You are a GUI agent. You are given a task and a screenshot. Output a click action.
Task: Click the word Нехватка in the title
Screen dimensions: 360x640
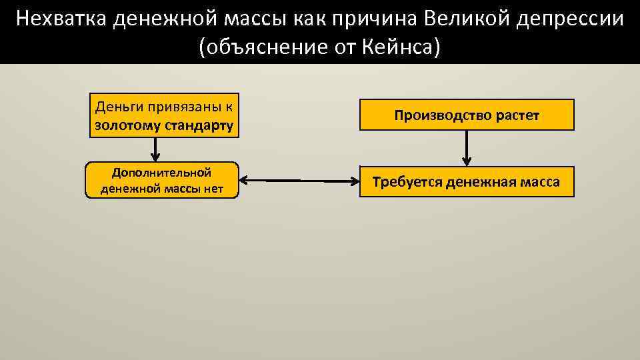click(x=61, y=19)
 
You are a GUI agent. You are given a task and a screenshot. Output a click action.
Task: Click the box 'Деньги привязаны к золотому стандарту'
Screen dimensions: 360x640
click(x=165, y=115)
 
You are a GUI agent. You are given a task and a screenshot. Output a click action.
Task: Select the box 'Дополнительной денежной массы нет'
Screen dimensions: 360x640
click(x=162, y=181)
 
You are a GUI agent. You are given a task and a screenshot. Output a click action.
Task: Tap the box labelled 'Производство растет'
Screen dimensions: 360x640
click(x=467, y=115)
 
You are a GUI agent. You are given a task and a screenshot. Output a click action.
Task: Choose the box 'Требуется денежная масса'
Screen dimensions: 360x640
click(x=467, y=182)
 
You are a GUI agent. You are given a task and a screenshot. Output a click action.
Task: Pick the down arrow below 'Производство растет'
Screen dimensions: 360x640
click(x=467, y=147)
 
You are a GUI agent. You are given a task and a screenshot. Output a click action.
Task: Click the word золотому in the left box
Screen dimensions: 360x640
click(x=123, y=125)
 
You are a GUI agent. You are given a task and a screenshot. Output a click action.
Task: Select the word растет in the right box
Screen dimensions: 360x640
click(x=517, y=115)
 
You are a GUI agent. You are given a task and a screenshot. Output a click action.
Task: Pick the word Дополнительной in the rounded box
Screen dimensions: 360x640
click(x=162, y=173)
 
